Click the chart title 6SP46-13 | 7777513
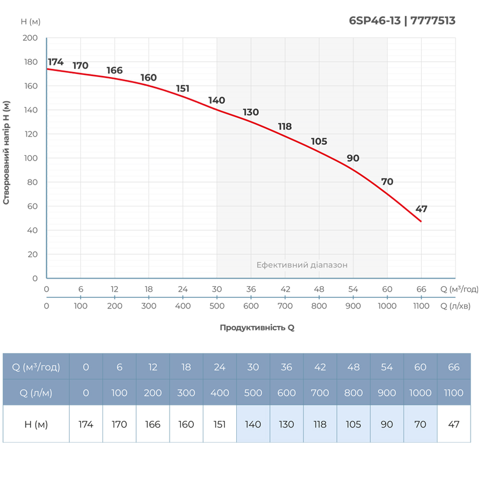click(402, 21)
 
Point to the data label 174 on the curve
click(56, 62)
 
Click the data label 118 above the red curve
click(285, 127)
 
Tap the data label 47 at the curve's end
click(421, 209)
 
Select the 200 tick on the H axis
click(30, 38)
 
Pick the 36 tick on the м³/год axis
click(251, 290)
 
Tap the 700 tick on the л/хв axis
click(285, 306)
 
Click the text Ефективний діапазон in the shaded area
click(302, 265)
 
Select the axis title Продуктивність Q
click(257, 328)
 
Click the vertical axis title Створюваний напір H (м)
click(6, 153)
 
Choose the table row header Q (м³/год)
click(36, 367)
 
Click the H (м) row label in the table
click(36, 424)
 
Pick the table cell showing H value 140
click(253, 424)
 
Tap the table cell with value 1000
click(420, 392)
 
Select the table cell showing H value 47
click(454, 424)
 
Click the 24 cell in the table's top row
click(219, 367)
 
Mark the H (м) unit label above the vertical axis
click(30, 22)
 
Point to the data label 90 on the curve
click(353, 159)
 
